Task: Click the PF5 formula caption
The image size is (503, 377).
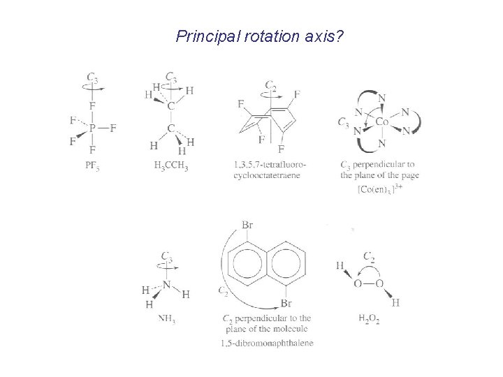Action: tap(92, 166)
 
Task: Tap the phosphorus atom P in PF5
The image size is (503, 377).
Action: tap(92, 128)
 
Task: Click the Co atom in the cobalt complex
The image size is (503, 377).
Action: tap(382, 121)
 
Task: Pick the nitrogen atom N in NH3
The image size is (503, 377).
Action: tap(166, 283)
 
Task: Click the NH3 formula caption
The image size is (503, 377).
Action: tap(166, 320)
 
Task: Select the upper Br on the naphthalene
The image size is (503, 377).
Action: tap(248, 225)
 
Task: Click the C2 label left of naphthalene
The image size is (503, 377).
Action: tap(224, 290)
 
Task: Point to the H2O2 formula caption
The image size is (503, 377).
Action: tap(369, 320)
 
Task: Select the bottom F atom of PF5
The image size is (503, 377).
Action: tap(92, 150)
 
